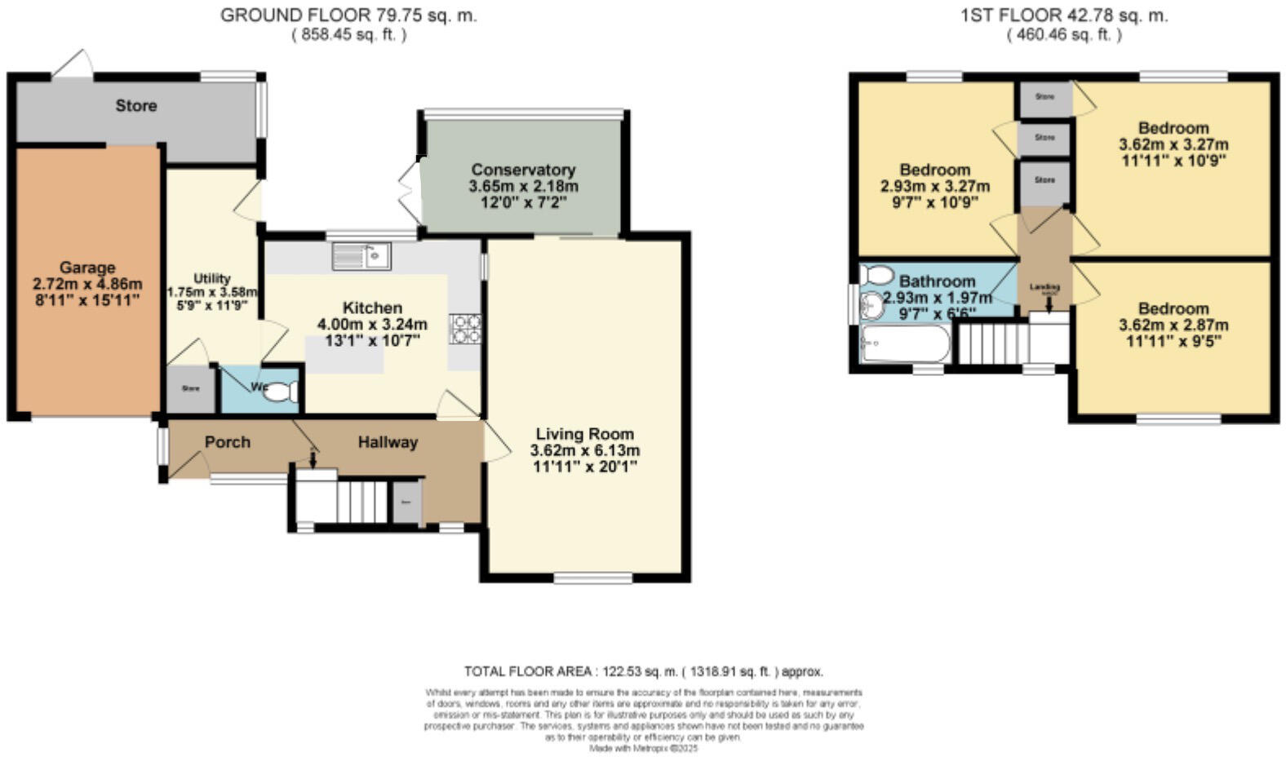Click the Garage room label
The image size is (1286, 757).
click(86, 268)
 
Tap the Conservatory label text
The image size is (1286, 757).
click(523, 170)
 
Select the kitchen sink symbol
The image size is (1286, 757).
click(361, 256)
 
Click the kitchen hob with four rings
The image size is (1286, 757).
click(466, 329)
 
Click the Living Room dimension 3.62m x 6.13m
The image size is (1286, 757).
click(584, 450)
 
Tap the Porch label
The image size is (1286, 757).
click(227, 442)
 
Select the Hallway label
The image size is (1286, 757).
click(388, 442)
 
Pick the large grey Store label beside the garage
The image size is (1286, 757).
click(135, 106)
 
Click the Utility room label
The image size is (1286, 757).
click(211, 278)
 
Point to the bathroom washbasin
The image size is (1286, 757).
click(872, 306)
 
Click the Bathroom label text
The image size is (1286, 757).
click(937, 281)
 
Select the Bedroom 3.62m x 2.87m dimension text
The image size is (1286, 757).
click(1173, 325)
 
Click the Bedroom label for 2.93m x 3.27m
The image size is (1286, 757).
click(934, 170)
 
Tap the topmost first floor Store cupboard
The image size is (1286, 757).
click(1044, 98)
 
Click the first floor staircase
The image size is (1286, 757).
click(991, 343)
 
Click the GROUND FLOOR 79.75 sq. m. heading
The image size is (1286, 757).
click(348, 15)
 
